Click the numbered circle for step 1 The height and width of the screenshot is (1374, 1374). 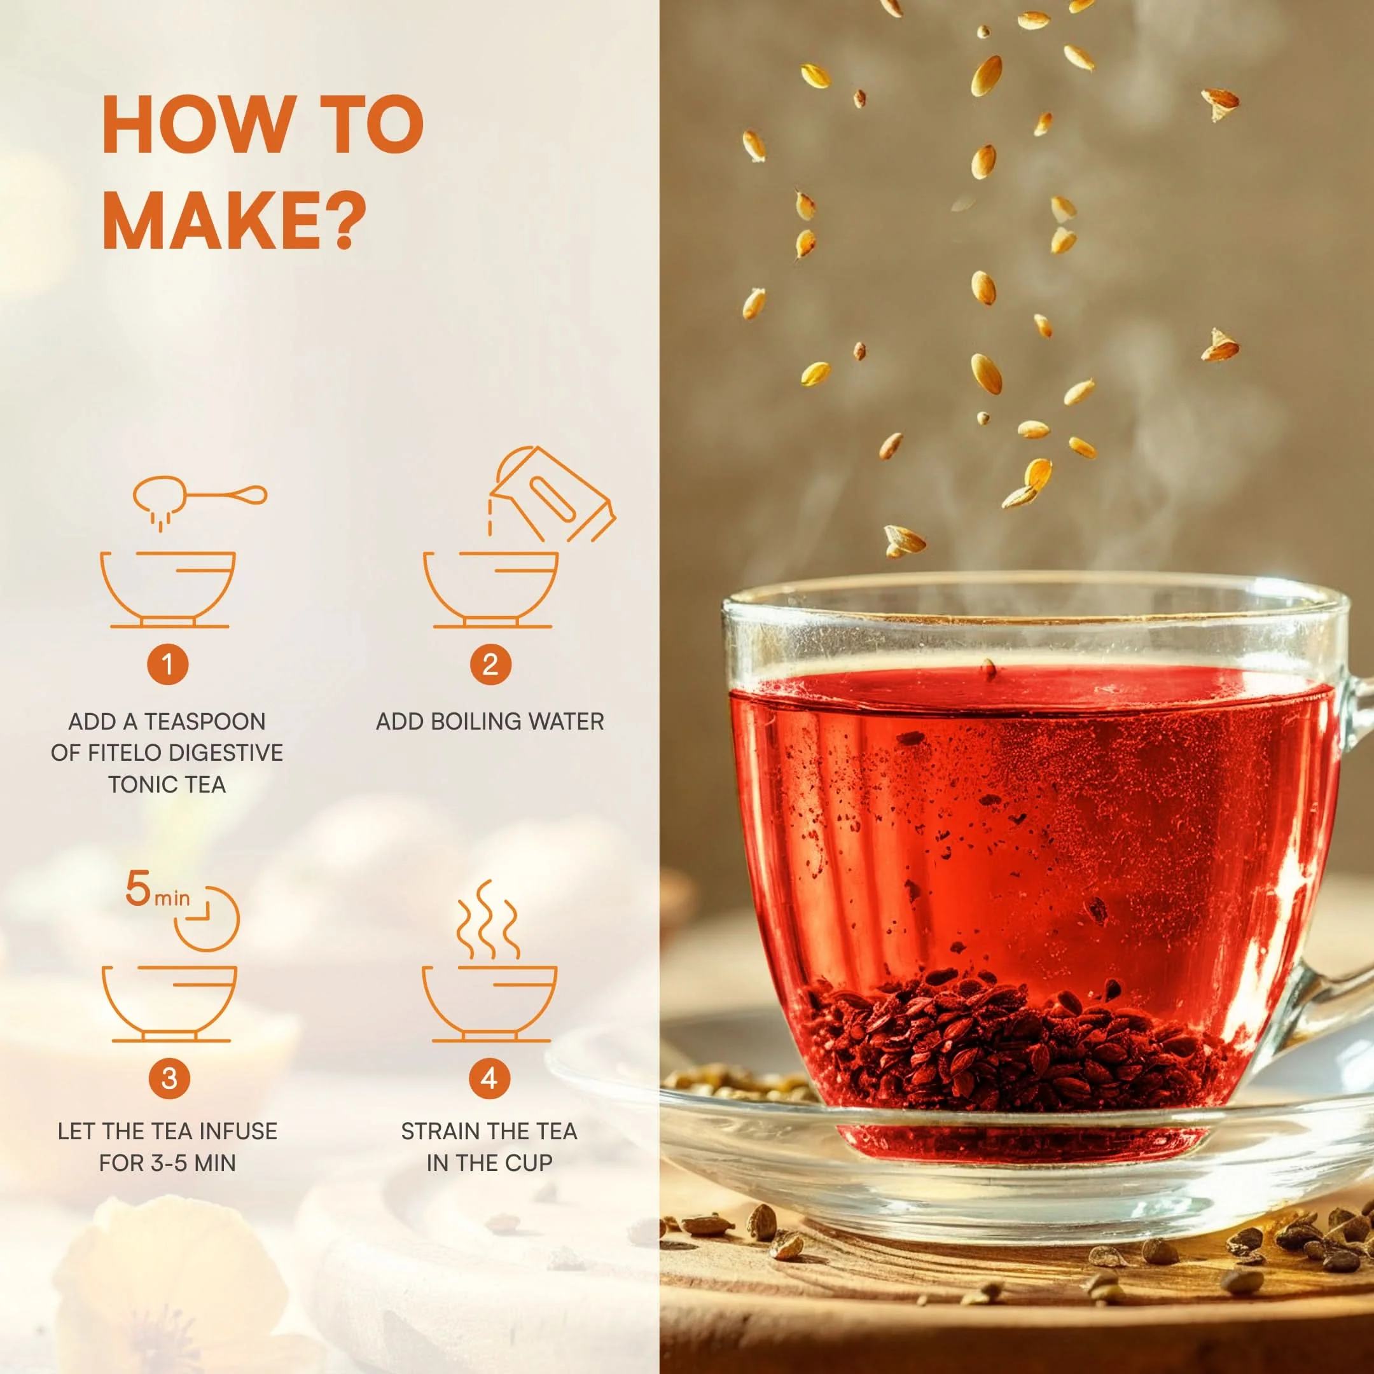coord(168,664)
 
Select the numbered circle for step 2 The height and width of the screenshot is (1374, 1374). coord(490,664)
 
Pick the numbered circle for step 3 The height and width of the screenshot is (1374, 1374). coord(169,1078)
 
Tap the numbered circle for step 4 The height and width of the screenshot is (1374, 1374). coord(489,1078)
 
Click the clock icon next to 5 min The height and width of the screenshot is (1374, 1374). coord(207,918)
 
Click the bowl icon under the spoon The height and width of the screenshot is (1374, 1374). coord(169,590)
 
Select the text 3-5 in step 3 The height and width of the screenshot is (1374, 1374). coord(171,1163)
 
